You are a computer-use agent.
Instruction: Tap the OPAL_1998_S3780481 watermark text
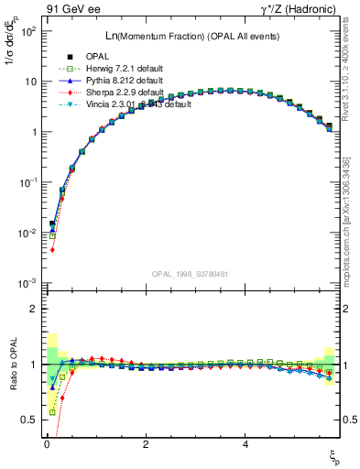190,274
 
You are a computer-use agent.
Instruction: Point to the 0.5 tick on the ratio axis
29,420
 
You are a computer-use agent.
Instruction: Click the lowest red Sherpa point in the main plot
52,249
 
